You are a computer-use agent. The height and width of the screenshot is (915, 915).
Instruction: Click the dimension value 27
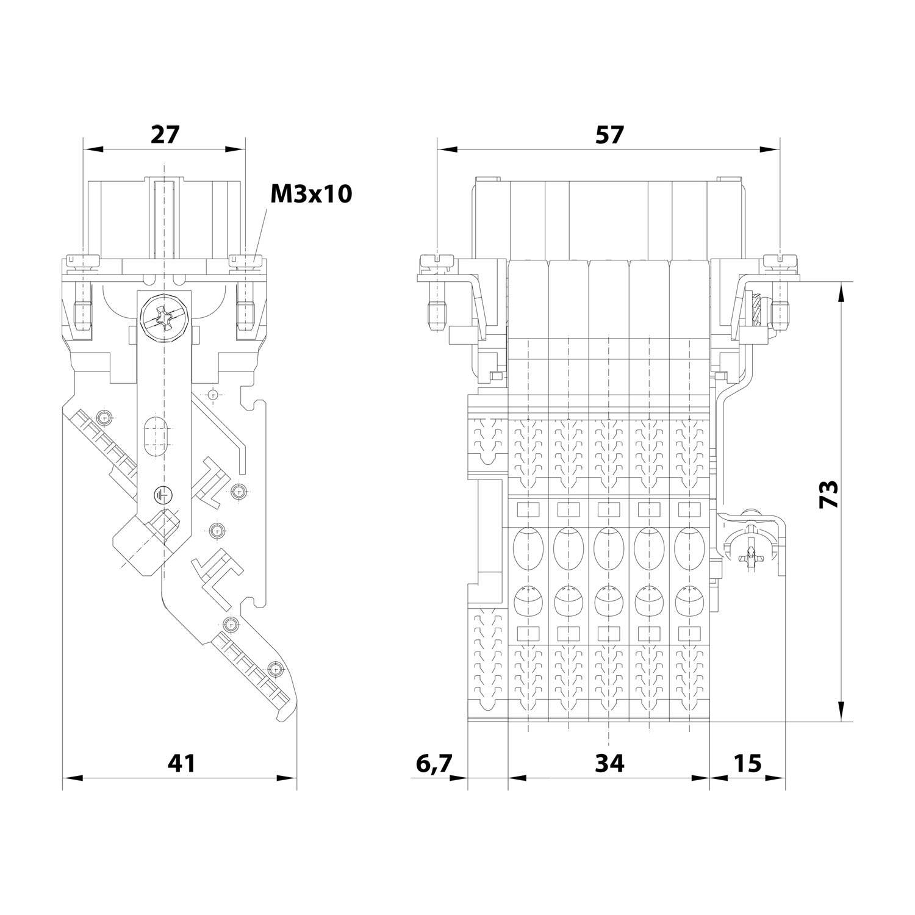tap(165, 134)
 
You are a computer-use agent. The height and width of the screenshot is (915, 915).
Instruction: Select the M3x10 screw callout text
tap(311, 194)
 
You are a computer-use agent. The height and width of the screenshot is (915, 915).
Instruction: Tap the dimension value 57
tap(609, 134)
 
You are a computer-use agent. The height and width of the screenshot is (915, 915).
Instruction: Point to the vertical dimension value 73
tap(828, 495)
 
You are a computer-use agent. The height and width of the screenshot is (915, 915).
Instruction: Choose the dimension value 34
tap(609, 762)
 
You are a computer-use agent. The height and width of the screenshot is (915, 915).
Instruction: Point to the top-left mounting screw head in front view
tap(437, 261)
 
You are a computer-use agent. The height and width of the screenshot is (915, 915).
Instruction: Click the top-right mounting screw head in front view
tap(781, 261)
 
